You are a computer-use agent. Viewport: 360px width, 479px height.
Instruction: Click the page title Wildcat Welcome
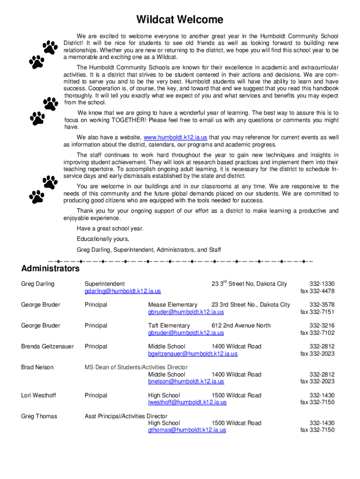180,20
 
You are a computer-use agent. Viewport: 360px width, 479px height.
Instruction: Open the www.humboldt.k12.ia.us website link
175,138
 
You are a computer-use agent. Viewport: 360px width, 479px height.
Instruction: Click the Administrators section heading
50,269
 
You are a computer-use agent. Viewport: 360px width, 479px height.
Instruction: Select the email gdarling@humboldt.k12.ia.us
122,291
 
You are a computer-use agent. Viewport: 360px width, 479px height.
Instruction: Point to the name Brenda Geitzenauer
47,347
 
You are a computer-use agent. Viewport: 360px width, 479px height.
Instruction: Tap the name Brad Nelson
37,368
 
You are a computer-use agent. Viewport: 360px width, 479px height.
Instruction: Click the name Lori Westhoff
38,396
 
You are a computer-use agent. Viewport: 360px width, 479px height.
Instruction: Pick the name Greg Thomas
39,416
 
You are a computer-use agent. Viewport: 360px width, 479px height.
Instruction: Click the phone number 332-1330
322,284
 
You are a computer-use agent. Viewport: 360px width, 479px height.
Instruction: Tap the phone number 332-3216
322,326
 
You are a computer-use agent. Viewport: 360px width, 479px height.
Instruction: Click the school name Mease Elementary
173,305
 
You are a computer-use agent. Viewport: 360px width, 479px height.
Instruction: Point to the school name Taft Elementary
169,326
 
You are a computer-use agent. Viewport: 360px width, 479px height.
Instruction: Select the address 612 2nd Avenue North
241,326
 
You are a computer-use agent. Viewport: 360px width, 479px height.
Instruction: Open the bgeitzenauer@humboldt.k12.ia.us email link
193,354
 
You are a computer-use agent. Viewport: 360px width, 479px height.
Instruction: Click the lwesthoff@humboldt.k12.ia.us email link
187,402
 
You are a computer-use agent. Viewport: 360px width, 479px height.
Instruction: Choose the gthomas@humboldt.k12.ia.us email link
187,430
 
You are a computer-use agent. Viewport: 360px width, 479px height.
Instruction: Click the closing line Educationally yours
103,239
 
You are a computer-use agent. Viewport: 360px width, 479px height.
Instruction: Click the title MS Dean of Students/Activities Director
136,368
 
